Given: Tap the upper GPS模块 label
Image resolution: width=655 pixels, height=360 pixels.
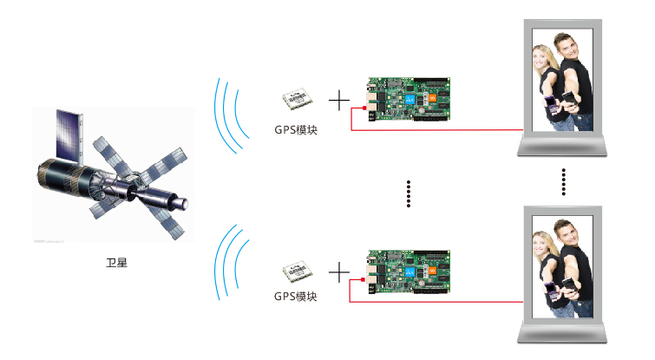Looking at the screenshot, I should (295, 131).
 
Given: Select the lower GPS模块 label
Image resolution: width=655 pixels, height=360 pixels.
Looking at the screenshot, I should (295, 297).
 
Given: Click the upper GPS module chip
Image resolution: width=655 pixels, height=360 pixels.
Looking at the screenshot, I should (295, 101).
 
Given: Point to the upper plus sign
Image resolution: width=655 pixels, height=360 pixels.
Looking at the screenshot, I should (339, 102).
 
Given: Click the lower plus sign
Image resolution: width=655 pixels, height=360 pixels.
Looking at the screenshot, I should (339, 272).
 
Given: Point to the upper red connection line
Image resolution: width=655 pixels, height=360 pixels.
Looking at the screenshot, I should (434, 131).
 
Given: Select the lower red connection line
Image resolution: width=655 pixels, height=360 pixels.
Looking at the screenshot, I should (434, 301).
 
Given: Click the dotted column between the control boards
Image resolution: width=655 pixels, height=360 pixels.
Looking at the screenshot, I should (408, 194).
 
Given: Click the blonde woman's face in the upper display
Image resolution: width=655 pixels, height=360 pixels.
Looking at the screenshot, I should (544, 58).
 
